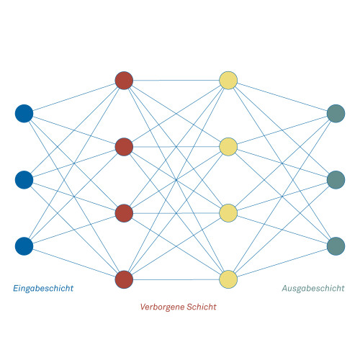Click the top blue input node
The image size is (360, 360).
[24, 114]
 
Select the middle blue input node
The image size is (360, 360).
[24, 180]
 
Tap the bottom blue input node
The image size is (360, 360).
[24, 246]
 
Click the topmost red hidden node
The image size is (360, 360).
[124, 81]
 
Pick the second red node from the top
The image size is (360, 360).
[124, 147]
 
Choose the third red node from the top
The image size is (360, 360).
[124, 213]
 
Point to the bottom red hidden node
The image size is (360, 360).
[124, 279]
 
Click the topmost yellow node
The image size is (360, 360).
[228, 81]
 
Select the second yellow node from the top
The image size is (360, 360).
[228, 147]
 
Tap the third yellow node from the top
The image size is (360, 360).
[228, 213]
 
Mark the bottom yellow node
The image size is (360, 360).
[228, 279]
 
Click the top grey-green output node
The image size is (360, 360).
[336, 114]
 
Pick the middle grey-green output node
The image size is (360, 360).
[336, 180]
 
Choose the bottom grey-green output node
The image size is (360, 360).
[336, 246]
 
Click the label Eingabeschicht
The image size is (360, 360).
[43, 288]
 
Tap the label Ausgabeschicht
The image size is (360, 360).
[313, 288]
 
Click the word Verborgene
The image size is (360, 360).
[162, 307]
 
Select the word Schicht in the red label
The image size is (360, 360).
[202, 307]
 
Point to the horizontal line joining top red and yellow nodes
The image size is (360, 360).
[176, 81]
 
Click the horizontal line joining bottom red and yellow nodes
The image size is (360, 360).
[176, 279]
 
